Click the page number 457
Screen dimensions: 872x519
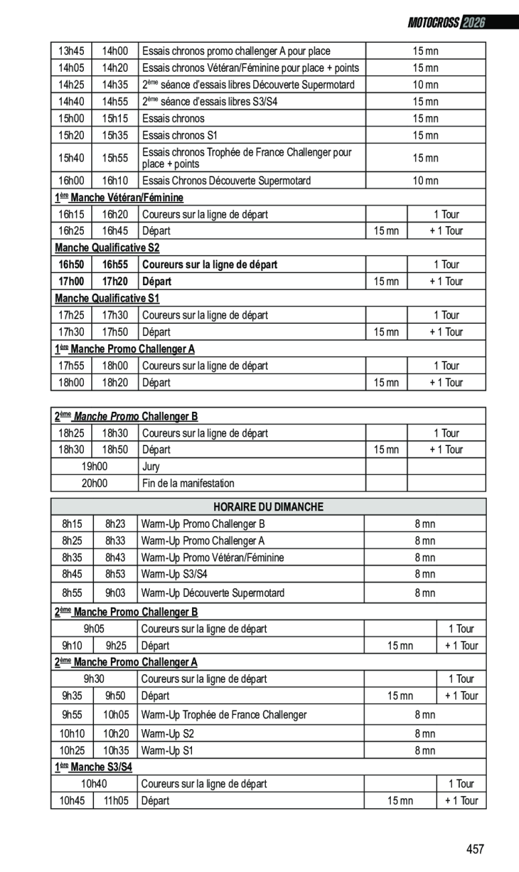pos(475,849)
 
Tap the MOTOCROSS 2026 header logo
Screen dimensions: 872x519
pos(446,23)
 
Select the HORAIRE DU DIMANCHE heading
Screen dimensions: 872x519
pos(268,507)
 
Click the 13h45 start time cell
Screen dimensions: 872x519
pos(71,51)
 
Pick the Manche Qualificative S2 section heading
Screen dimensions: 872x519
pos(107,248)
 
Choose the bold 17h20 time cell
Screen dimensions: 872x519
pos(115,282)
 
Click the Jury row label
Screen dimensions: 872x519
pos(151,467)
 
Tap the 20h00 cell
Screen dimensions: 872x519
pos(95,483)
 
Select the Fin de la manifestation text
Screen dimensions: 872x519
pos(188,483)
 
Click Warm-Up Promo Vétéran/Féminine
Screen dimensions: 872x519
pos(212,557)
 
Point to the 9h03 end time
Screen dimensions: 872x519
pos(115,593)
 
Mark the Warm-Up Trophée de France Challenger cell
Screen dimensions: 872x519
pos(224,715)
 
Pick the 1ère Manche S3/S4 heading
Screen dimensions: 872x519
pos(93,767)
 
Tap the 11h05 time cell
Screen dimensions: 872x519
pos(115,800)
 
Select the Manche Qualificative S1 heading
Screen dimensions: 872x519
pos(107,298)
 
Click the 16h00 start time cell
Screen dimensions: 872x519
pos(71,180)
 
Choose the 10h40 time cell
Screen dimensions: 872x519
pos(94,783)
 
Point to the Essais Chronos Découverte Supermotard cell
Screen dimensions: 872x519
pos(226,180)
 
